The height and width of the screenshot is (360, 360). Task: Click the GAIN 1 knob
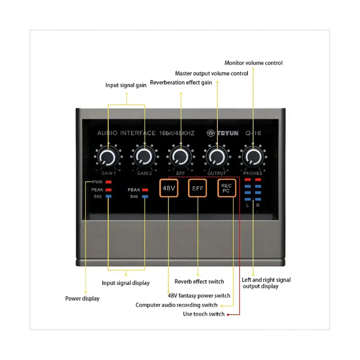pos(108,157)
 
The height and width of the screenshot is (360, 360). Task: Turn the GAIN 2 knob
pos(144,157)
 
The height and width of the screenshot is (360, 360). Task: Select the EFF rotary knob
pos(180,157)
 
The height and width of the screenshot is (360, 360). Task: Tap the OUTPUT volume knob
pos(217,157)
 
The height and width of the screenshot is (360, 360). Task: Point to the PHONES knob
pos(253,157)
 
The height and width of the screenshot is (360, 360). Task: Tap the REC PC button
pos(226,188)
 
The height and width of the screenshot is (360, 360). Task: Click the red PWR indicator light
pos(108,182)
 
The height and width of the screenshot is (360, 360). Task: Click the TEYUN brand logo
pos(222,133)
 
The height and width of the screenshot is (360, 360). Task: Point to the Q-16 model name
pos(253,133)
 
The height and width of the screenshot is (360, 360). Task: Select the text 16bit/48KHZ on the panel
pos(176,133)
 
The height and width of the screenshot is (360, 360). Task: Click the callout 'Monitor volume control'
pos(253,63)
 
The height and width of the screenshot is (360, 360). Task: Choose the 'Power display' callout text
pos(82,298)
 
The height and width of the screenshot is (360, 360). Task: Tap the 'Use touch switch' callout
pos(204,314)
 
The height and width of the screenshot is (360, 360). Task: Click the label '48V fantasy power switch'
pos(199,295)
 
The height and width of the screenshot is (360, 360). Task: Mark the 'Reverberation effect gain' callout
pos(181,82)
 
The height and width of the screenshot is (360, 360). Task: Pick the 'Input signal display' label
pos(125,283)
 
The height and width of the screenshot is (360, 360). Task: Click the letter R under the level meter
pos(258,205)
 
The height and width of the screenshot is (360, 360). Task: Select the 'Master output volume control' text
pos(211,73)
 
